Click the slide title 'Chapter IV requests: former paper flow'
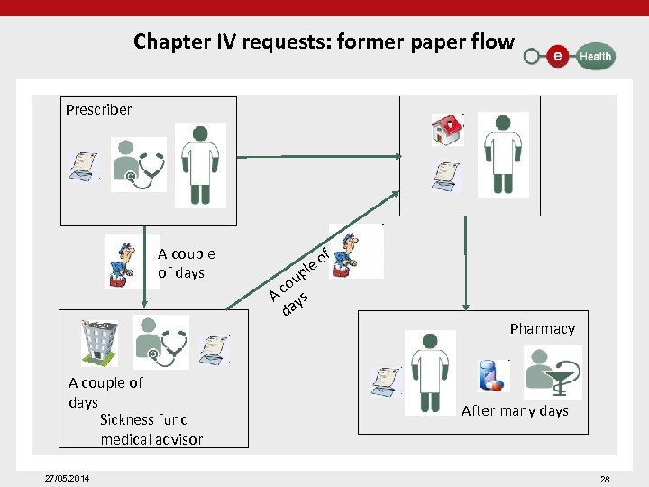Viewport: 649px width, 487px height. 324,41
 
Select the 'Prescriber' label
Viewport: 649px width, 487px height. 98,110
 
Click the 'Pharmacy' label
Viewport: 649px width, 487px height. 542,328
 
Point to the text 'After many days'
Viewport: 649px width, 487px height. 515,411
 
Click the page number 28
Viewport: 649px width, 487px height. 605,478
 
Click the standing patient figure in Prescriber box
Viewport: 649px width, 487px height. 199,164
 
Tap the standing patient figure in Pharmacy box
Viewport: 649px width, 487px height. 430,370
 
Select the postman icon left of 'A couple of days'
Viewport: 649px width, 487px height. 120,261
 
